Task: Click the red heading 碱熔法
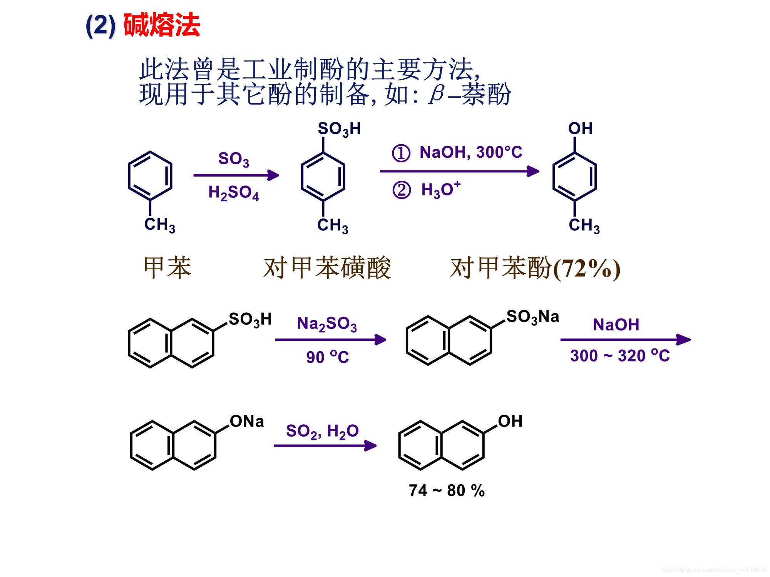tap(162, 25)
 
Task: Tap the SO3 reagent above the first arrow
tap(233, 159)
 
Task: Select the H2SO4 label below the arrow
tap(233, 193)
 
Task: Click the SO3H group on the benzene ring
tap(339, 129)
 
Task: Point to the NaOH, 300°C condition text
tap(470, 152)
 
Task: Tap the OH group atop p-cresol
tap(580, 128)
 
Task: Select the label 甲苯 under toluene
tap(167, 267)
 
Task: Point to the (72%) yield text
tap(587, 268)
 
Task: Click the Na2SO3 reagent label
tap(327, 324)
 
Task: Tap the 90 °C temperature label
tap(328, 357)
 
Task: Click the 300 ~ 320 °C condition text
tap(620, 355)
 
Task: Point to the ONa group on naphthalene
tap(247, 422)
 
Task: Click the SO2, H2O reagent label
tap(322, 431)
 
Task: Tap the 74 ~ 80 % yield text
tap(447, 490)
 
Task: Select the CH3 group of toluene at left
tap(159, 225)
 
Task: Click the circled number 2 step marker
tap(401, 190)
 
